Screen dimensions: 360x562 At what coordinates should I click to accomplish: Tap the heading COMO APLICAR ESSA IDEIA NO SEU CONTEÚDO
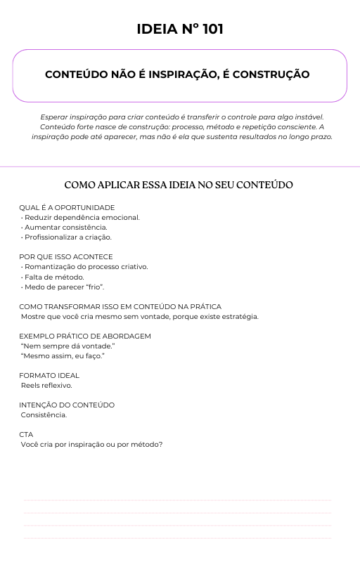(x=179, y=185)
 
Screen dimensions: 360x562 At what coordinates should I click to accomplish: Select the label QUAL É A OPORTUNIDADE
(x=67, y=207)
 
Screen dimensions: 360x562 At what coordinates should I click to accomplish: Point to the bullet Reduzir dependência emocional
(x=81, y=217)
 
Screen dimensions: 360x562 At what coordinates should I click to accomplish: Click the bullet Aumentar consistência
(x=65, y=227)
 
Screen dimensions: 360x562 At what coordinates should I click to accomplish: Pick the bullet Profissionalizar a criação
(x=67, y=237)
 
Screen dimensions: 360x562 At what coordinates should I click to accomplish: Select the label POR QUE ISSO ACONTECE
(x=66, y=256)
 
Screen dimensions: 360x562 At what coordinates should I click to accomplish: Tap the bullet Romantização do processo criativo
(x=85, y=267)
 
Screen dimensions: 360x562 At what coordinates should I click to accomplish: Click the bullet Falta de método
(x=53, y=277)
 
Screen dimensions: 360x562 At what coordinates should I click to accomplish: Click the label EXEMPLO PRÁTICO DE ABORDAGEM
(x=85, y=336)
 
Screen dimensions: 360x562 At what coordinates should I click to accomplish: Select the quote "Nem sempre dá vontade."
(x=67, y=346)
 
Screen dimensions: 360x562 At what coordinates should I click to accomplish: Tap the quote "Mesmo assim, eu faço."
(x=63, y=356)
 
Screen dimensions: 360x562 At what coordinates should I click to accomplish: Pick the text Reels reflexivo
(x=46, y=385)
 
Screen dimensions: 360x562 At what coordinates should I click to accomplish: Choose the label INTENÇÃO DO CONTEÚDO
(x=67, y=405)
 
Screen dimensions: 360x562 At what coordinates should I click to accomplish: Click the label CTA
(x=26, y=434)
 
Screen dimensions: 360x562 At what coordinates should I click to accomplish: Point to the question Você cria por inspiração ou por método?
(x=91, y=444)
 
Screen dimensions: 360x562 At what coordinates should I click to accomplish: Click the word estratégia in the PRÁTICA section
(x=240, y=316)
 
